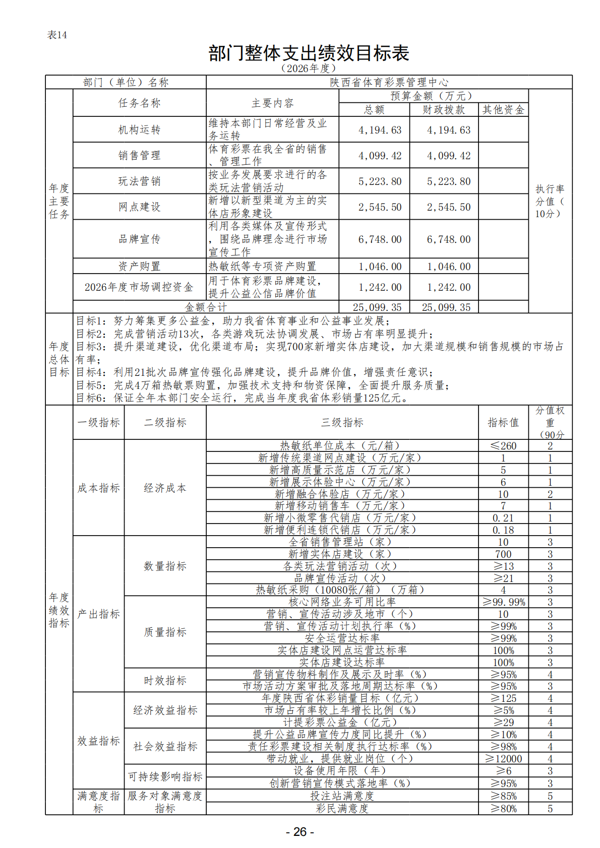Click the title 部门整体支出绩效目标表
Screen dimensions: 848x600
[x=309, y=53]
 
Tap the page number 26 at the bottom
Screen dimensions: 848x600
[x=299, y=831]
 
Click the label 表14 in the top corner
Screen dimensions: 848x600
[x=57, y=35]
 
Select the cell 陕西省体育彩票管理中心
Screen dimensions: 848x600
[x=389, y=82]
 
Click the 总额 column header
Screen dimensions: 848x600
[x=374, y=110]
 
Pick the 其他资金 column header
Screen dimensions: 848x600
[x=503, y=110]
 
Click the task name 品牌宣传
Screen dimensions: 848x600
[x=139, y=239]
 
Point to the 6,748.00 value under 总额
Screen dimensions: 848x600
[x=380, y=239]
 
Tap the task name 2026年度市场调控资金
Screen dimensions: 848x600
[x=139, y=287]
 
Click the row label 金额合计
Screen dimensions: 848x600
[x=206, y=307]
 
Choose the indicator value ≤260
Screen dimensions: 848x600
[x=503, y=446]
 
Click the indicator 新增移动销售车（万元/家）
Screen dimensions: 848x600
[x=342, y=506]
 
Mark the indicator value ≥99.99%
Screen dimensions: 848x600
[x=503, y=602]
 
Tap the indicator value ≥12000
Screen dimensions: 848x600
[x=503, y=759]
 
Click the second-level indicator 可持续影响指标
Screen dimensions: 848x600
[x=165, y=777]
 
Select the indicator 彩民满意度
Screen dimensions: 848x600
[x=342, y=809]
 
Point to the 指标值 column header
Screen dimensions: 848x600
[x=503, y=423]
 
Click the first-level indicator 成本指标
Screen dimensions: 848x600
[x=99, y=488]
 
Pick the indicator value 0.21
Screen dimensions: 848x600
[x=503, y=518]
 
